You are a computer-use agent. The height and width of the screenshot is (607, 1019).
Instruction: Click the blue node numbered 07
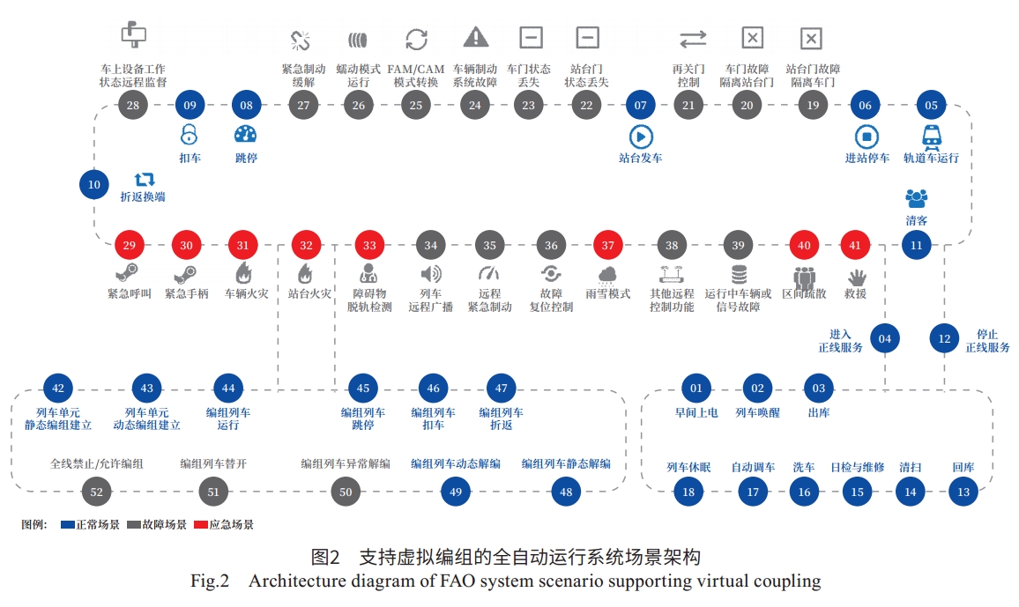(640, 105)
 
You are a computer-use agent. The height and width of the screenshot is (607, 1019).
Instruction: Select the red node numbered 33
(369, 246)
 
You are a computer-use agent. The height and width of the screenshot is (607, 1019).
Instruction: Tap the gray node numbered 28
(132, 105)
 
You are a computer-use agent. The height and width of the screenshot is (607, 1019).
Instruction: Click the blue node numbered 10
(94, 184)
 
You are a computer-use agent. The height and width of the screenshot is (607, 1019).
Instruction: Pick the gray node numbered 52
(96, 492)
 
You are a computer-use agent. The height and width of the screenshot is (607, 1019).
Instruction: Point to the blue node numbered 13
(963, 492)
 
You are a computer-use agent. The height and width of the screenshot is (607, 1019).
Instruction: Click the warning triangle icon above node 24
(476, 37)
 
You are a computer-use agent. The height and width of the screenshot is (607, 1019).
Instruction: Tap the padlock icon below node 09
(190, 135)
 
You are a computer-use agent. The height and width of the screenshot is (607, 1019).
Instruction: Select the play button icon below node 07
(641, 137)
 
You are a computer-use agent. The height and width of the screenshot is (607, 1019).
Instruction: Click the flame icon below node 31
(243, 272)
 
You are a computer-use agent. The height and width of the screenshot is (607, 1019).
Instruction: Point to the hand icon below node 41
(857, 278)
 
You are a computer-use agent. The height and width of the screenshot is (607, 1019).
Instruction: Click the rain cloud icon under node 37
(607, 275)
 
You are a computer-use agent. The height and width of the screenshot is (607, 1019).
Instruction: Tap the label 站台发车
(641, 158)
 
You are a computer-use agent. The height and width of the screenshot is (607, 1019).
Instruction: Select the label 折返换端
(143, 196)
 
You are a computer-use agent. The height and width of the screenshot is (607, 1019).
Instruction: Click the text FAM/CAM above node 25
(416, 69)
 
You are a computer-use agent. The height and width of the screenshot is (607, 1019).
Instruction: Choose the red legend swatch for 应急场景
(201, 524)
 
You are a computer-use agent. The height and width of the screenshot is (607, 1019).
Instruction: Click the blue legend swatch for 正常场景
(68, 524)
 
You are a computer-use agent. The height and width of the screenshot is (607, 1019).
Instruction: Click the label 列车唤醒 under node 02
(758, 413)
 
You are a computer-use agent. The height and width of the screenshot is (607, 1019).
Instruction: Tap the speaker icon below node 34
(430, 274)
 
